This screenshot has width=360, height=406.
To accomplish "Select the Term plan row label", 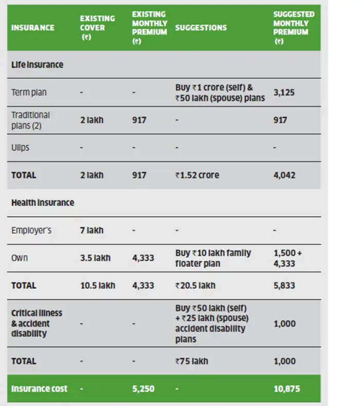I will tap(29, 93).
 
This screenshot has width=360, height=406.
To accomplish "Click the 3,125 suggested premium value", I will tap(284, 93).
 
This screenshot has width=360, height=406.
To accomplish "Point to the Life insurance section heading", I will tap(37, 65).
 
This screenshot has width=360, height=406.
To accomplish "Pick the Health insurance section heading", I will tap(43, 203).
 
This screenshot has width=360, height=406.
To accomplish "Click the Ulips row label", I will tap(21, 148).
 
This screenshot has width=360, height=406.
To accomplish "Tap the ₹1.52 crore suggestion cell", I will tap(197, 175).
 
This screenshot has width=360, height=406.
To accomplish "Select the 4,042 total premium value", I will tap(284, 175).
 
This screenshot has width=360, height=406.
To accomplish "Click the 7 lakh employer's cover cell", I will tap(92, 231).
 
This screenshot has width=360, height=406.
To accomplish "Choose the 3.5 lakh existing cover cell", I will tap(95, 258).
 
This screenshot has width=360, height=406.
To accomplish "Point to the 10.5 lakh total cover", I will tap(98, 286).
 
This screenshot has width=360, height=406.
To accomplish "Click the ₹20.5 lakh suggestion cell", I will tap(195, 286).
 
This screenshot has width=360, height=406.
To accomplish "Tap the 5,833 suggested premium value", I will tap(284, 286).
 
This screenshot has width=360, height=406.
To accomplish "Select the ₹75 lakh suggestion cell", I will tap(191, 361).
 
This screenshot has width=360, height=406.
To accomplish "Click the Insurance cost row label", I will tap(39, 389).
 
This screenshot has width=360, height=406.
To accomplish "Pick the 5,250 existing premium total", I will tap(143, 389).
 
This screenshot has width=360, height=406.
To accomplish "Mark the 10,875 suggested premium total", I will tap(286, 389).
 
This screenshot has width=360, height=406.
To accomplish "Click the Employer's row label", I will tap(31, 231).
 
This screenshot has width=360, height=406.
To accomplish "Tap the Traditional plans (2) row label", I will tap(31, 120).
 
